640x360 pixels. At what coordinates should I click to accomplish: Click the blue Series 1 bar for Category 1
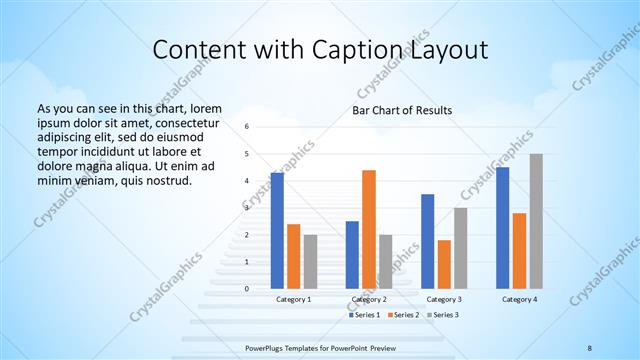[277, 231]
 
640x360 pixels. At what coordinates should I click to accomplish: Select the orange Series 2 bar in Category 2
[369, 229]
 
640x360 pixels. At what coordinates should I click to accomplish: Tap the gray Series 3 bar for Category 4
[536, 221]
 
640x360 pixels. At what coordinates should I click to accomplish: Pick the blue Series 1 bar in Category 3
[428, 241]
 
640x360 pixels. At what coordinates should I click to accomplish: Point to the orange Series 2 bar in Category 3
[444, 264]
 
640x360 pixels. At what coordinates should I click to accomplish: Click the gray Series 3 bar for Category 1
[310, 262]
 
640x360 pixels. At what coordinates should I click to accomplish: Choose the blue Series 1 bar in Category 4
[503, 228]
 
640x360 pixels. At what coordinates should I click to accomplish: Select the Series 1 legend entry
[364, 315]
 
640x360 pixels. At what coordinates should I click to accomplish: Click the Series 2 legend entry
[405, 315]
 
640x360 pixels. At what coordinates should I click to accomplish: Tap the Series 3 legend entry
[446, 315]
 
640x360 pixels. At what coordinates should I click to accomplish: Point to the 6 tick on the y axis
[247, 127]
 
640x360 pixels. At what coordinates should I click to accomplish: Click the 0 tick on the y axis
[247, 289]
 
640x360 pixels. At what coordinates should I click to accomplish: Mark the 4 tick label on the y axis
[247, 181]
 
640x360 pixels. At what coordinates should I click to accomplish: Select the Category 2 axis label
[369, 299]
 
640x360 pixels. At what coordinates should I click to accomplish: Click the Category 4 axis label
[519, 299]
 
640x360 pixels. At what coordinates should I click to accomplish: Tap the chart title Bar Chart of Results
[402, 110]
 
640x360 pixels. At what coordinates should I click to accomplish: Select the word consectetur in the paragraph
[182, 121]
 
